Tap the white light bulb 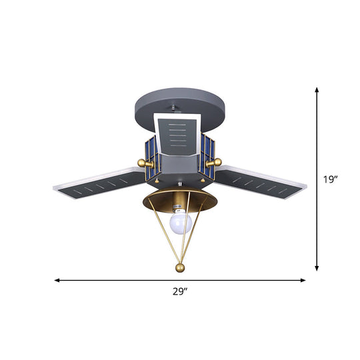pyautogui.click(x=179, y=221)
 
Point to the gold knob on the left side pyautogui.click(x=141, y=163)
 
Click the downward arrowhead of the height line pyautogui.click(x=317, y=268)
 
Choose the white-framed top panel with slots pyautogui.click(x=179, y=133)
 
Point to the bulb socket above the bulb pyautogui.click(x=178, y=203)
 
